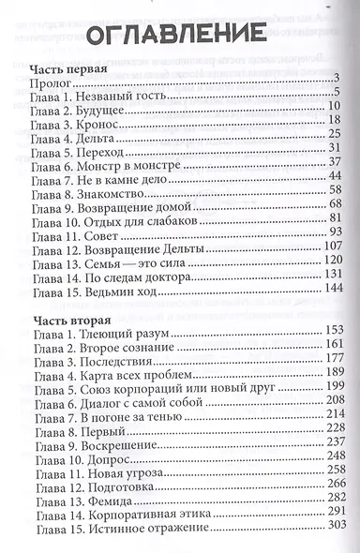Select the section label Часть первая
click(66, 71)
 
